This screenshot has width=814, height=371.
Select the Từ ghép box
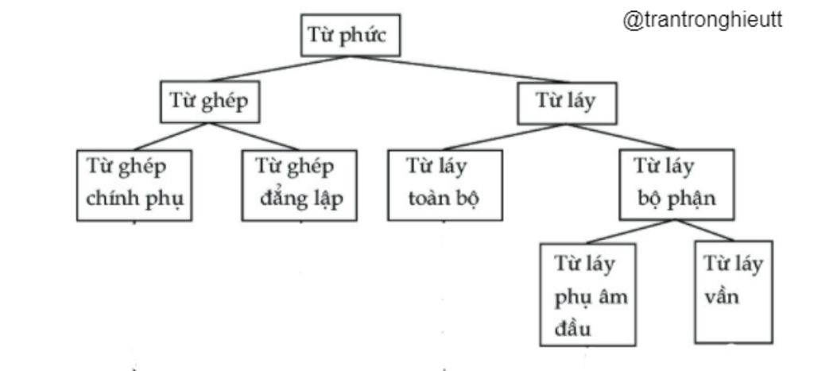210,102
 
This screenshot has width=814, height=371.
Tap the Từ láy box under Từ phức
566,102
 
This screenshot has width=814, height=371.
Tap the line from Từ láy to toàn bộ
501,135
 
